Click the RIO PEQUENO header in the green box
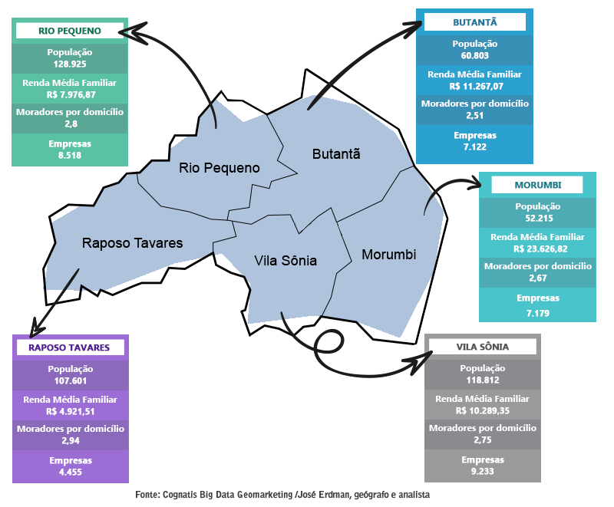coord(69,31)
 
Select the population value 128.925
coord(69,64)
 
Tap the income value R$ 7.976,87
coord(69,94)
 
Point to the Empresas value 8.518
coord(69,155)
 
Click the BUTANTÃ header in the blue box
coord(474,23)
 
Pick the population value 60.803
coord(474,56)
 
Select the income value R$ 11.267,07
coord(474,86)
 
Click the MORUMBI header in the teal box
coord(537,186)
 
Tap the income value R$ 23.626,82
coord(537,249)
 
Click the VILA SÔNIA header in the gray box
coord(482,347)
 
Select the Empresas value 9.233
coord(482,470)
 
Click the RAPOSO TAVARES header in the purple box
coord(69,347)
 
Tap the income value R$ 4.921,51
coord(69,410)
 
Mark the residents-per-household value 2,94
coord(69,440)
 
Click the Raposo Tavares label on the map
coord(132,243)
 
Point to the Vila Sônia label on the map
coord(285,261)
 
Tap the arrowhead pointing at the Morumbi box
coord(474,183)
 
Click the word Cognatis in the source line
coord(180,495)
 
